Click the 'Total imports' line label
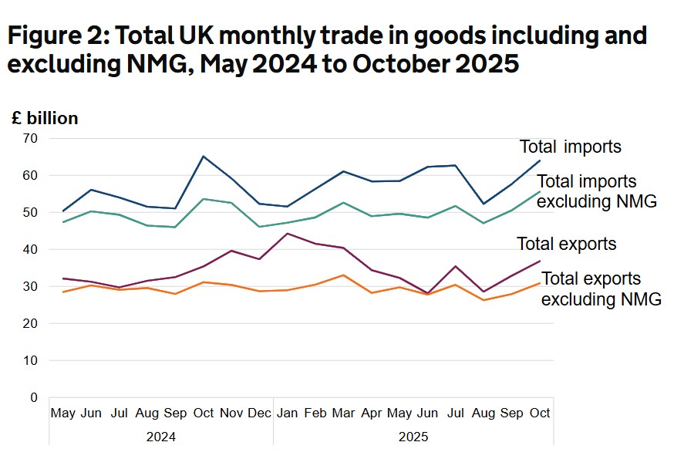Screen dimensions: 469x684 (570, 147)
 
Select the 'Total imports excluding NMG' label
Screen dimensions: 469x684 (596, 192)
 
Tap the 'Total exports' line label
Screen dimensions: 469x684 (566, 245)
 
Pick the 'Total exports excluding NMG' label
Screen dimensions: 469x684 (601, 289)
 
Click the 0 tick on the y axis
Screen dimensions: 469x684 (33, 398)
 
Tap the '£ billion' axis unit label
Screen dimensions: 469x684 (45, 118)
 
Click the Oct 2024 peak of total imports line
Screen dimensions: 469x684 (204, 157)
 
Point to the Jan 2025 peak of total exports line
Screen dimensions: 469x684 (287, 233)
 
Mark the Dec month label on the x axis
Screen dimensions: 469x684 (260, 413)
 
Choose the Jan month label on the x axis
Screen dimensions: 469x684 (287, 413)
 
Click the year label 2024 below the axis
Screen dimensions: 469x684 (160, 437)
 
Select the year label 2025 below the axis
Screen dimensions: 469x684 (413, 437)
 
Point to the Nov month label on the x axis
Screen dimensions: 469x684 (231, 413)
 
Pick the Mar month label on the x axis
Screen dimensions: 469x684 (343, 413)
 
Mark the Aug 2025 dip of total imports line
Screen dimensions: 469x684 (484, 204)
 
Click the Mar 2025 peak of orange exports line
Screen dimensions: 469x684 (343, 275)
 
